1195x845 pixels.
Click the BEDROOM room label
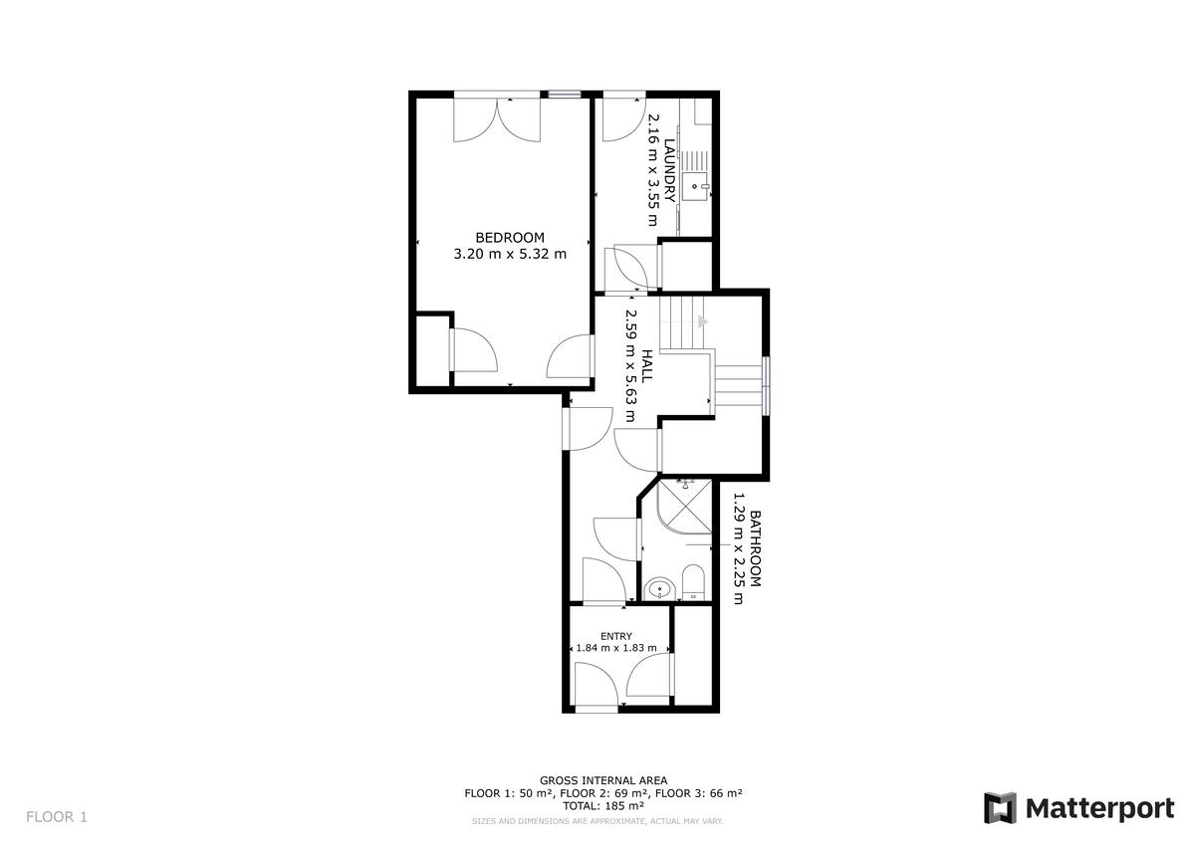point(510,237)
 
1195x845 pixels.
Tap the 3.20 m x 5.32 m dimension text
point(510,254)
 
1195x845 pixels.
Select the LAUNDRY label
point(669,170)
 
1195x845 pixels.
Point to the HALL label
point(646,365)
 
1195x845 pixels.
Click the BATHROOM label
point(756,548)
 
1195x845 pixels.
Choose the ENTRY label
point(616,636)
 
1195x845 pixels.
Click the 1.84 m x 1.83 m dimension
point(616,648)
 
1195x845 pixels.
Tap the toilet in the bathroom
point(693,582)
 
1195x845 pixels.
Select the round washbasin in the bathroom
point(660,589)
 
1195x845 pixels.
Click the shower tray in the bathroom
point(685,507)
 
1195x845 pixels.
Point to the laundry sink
point(695,186)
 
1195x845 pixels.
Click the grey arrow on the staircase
point(703,321)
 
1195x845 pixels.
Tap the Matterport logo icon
point(999,808)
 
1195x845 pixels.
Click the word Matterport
point(1100,809)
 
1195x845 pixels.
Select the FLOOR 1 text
point(57,817)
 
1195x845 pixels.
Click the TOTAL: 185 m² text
point(603,805)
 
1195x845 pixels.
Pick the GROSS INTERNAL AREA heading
point(603,780)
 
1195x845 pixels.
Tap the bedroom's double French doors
point(497,118)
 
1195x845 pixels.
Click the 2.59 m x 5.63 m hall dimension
point(630,365)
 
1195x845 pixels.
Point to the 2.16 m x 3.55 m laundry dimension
point(653,169)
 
